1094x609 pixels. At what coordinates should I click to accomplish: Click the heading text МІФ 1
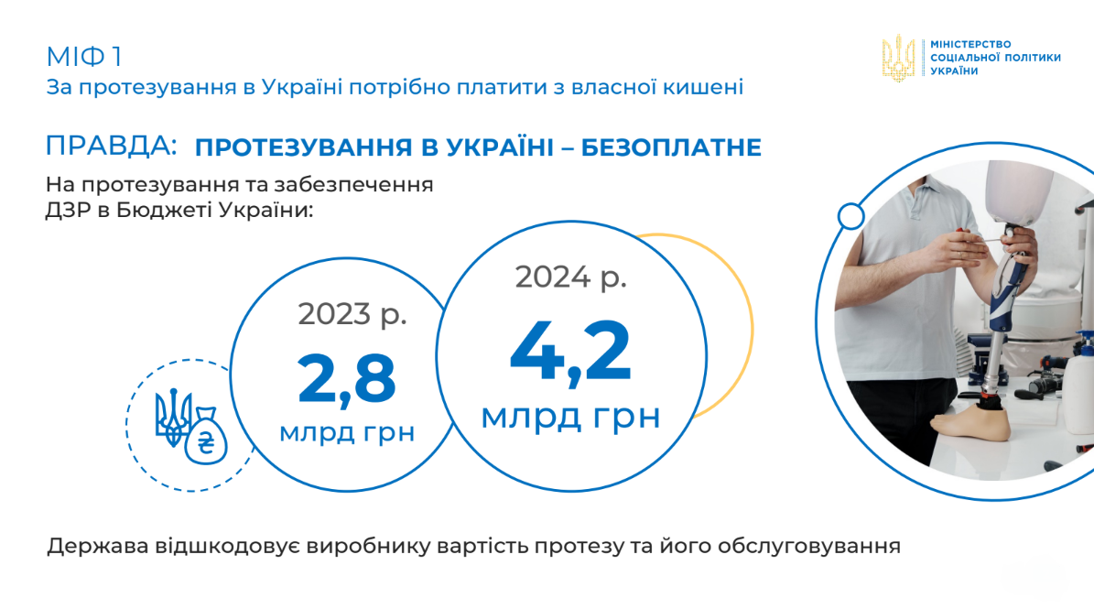click(83, 57)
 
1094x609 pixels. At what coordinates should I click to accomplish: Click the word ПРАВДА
click(108, 146)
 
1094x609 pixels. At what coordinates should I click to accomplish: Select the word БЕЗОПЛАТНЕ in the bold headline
click(671, 147)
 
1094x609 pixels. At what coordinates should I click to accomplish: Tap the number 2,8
click(347, 379)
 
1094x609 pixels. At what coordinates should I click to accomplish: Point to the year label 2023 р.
click(352, 315)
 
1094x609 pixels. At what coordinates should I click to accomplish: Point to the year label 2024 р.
click(570, 277)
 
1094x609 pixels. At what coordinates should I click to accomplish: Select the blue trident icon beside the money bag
click(172, 418)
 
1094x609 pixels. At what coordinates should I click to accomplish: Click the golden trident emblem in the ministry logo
click(899, 59)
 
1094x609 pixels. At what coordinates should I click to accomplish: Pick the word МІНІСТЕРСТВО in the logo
click(970, 45)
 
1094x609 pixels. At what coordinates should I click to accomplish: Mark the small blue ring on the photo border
click(851, 215)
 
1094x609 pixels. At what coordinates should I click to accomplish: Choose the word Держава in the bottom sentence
click(98, 546)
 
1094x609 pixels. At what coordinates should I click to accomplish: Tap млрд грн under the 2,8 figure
click(347, 433)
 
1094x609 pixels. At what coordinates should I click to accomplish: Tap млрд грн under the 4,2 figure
click(570, 417)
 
